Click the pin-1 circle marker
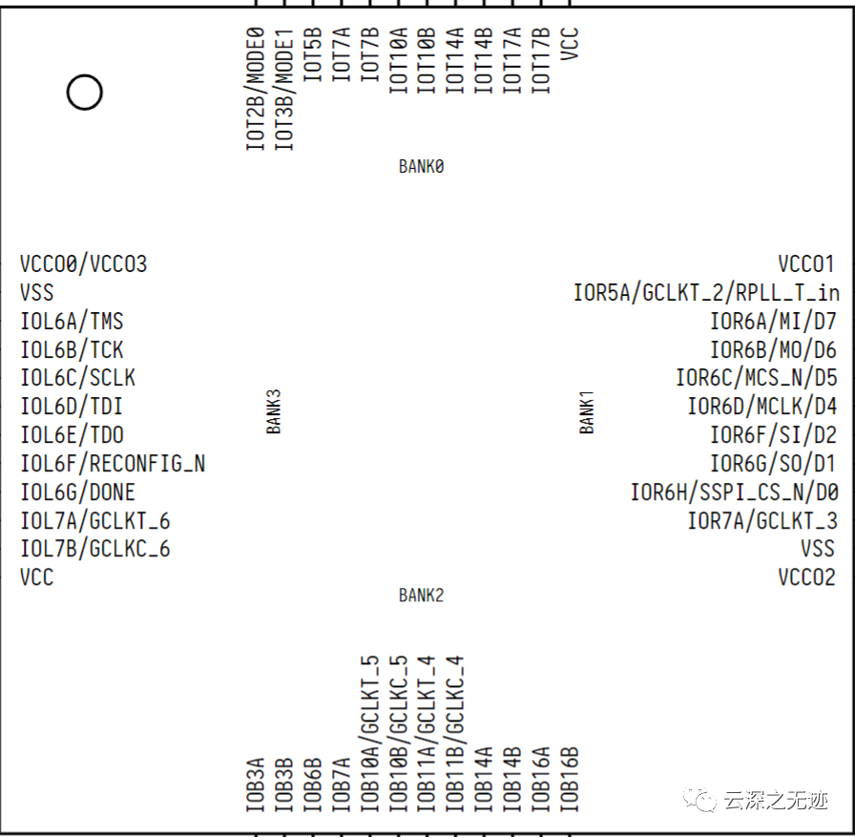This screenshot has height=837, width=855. coord(84,93)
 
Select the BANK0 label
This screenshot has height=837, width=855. coord(421,167)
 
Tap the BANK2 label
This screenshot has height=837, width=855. coord(421,596)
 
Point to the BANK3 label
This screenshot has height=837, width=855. coord(274,411)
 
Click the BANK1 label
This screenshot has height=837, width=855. coord(587,411)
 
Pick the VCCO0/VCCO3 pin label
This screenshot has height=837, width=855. coord(84,264)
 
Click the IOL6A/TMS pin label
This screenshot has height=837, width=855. coord(72,322)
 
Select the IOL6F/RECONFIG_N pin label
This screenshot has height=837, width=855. coord(113,464)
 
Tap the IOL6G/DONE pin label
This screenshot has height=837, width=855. coord(77,492)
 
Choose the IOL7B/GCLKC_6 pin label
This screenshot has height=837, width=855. coord(95,550)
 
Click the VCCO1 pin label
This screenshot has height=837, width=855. coord(806,264)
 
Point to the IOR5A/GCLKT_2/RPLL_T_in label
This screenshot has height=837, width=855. coord(706,293)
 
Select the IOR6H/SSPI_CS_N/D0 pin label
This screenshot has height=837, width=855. coord(734,492)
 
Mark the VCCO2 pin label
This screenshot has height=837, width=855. coord(806,577)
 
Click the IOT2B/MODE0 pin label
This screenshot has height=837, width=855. coord(255,89)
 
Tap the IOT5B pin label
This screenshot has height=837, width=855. coord(312,59)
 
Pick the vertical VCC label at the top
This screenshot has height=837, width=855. coord(570,44)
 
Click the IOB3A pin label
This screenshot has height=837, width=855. coord(255,785)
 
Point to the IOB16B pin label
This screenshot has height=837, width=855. coord(570,779)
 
